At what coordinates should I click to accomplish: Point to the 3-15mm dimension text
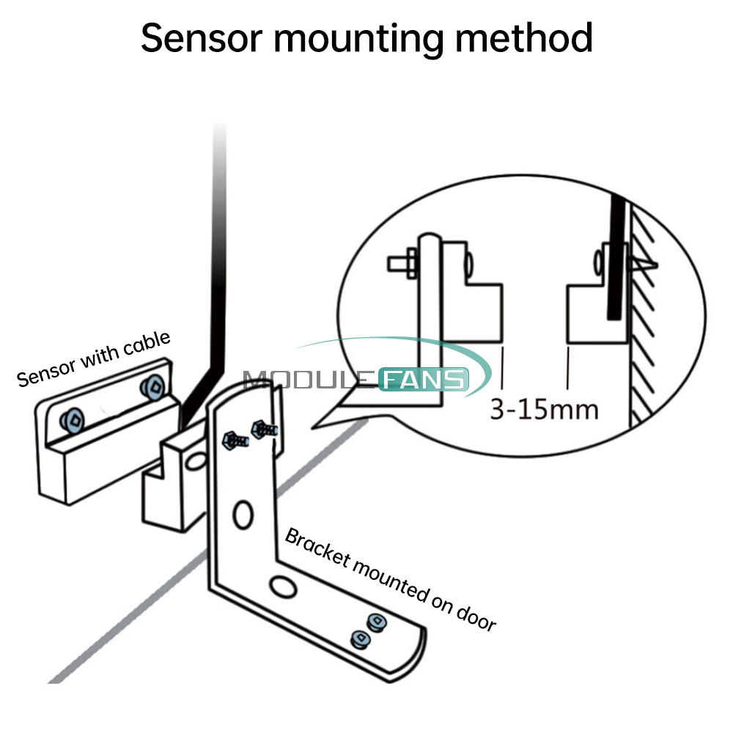pyautogui.click(x=544, y=408)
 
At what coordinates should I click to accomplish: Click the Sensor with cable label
pyautogui.click(x=93, y=358)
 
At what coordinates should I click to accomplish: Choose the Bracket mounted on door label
pyautogui.click(x=390, y=579)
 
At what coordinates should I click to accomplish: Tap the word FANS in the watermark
pyautogui.click(x=423, y=380)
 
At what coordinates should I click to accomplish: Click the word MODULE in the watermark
pyautogui.click(x=309, y=380)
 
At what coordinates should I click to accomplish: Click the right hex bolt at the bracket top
pyautogui.click(x=262, y=430)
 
